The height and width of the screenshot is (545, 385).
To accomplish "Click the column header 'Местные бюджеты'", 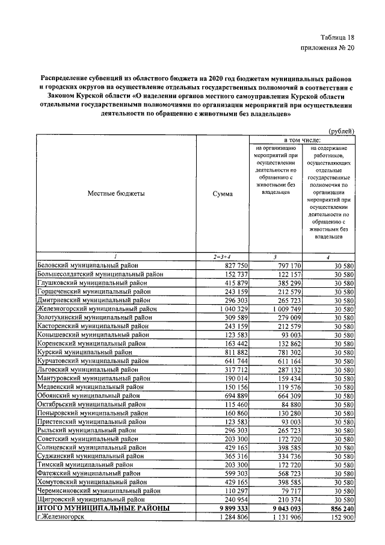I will click(x=116, y=194).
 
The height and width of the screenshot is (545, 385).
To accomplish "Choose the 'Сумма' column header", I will click(x=223, y=194).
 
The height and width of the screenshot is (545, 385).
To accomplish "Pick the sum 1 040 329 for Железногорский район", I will click(x=224, y=308).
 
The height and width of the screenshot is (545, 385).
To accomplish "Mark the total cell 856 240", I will click(x=339, y=508).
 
